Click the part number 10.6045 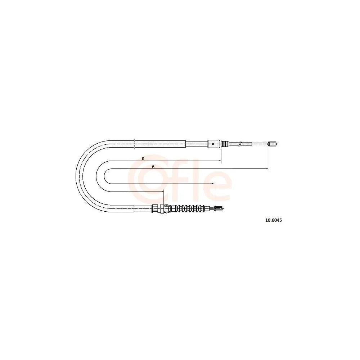click(x=274, y=220)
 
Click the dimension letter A click(x=153, y=167)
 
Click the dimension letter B click(x=143, y=158)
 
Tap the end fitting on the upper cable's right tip click(x=273, y=144)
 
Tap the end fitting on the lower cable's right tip click(x=218, y=208)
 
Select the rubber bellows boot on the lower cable click(x=190, y=208)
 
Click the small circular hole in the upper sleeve click(x=213, y=144)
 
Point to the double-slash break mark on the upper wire click(x=240, y=144)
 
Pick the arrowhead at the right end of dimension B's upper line click(x=219, y=161)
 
